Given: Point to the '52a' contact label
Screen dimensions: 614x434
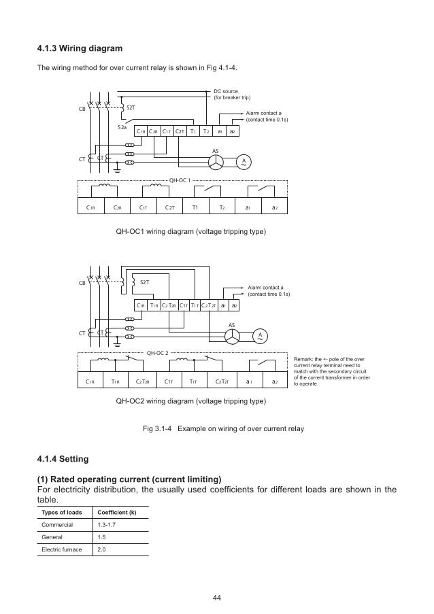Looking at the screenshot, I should (122, 126).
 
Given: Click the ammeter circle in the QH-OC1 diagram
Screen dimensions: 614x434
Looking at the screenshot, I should (242, 162).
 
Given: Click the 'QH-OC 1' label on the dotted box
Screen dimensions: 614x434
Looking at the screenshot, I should (180, 181).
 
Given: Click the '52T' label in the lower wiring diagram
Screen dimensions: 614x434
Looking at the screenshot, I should (144, 281).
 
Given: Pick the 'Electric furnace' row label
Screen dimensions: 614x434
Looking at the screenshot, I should (61, 549).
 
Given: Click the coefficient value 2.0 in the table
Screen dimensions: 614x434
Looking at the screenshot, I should (102, 549).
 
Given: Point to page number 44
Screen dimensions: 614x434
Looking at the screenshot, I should (217, 598).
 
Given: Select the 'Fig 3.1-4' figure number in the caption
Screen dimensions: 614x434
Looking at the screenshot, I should (156, 430).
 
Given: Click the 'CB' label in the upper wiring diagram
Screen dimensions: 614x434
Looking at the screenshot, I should (82, 108).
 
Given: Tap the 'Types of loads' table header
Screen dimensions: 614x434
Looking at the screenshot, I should (61, 512).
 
